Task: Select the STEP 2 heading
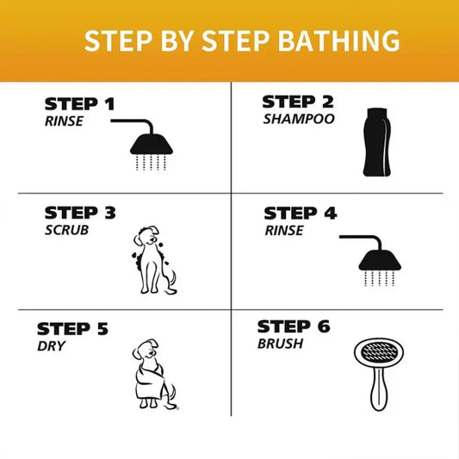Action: tap(297, 102)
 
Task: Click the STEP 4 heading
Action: tap(300, 213)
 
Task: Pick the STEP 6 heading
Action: tap(294, 326)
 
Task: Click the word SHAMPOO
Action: tap(298, 119)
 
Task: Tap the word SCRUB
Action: tap(67, 229)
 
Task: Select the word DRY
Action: tap(51, 345)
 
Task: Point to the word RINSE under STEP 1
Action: tap(64, 121)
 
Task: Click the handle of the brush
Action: tap(375, 392)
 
